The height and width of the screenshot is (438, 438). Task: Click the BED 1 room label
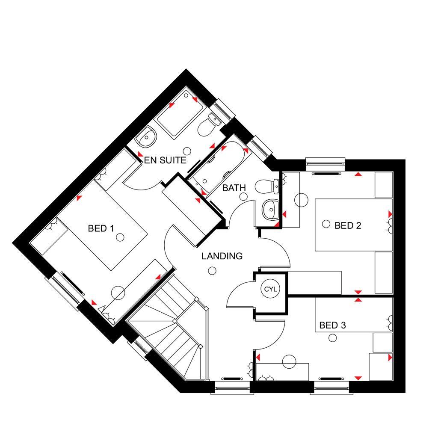pyautogui.click(x=101, y=228)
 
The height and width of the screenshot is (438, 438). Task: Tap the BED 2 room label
pyautogui.click(x=348, y=225)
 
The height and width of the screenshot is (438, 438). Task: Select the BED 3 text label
pyautogui.click(x=332, y=326)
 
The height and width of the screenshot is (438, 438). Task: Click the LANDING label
pyautogui.click(x=222, y=256)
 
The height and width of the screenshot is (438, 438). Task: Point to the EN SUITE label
pyautogui.click(x=165, y=160)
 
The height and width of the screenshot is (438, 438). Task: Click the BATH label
pyautogui.click(x=234, y=187)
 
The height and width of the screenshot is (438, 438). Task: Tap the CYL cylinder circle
pyautogui.click(x=270, y=290)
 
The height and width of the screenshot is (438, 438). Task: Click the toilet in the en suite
pyautogui.click(x=208, y=125)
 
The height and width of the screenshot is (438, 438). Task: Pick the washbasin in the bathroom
pyautogui.click(x=269, y=210)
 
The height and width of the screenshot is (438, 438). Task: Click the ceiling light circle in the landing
pyautogui.click(x=212, y=270)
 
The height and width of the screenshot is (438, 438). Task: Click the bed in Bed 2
pyautogui.click(x=353, y=225)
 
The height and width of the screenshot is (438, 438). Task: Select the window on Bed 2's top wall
pyautogui.click(x=325, y=162)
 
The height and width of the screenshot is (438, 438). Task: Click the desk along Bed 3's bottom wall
pyautogui.click(x=282, y=371)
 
